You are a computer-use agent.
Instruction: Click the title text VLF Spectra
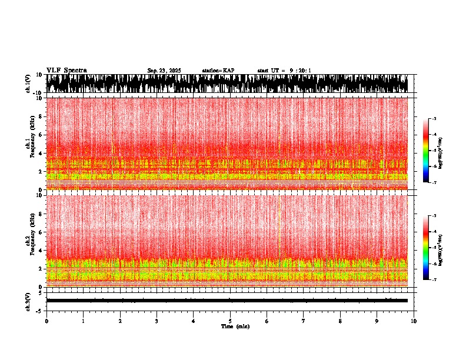coord(66,70)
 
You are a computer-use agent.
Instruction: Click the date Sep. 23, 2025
coord(164,71)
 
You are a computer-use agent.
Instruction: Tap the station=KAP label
coord(218,71)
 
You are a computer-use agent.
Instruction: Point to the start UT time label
coord(284,71)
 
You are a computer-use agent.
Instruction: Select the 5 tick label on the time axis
coord(230,321)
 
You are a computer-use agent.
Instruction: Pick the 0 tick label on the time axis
coord(46,321)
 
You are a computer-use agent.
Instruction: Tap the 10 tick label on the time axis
coord(414,321)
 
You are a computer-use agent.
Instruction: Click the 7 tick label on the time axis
coord(304,321)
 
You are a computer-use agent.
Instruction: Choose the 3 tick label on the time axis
coord(157,321)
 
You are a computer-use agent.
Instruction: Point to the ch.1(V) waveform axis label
coord(28,84)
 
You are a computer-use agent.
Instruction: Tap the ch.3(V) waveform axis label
coord(28,301)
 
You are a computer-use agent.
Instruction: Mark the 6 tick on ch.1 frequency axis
coord(40,135)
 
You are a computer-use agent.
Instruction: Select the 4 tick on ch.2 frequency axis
coord(40,250)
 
